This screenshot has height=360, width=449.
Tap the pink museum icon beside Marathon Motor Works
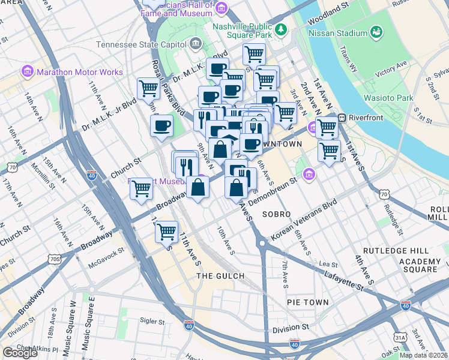pyautogui.click(x=27, y=72)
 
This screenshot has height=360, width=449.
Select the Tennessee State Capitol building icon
pyautogui.click(x=196, y=44)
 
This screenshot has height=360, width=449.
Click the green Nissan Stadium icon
pyautogui.click(x=376, y=32)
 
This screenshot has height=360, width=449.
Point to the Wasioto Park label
pyautogui.click(x=388, y=98)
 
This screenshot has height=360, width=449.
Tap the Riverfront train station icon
pyautogui.click(x=343, y=118)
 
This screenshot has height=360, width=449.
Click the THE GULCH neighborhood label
pyautogui.click(x=221, y=276)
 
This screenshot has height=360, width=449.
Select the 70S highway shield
pyautogui.click(x=55, y=259)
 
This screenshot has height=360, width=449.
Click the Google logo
pyautogui.click(x=20, y=353)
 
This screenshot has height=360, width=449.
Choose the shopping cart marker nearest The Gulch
pyautogui.click(x=166, y=231)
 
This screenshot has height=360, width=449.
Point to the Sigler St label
pyautogui.click(x=152, y=322)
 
